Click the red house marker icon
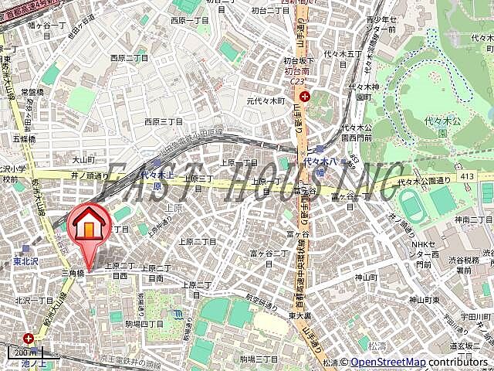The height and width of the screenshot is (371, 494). [90, 226]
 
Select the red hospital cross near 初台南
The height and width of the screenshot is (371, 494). [306, 97]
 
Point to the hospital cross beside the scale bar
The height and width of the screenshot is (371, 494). [29, 338]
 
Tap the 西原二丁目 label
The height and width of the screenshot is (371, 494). [129, 58]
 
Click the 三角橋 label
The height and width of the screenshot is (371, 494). [72, 274]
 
